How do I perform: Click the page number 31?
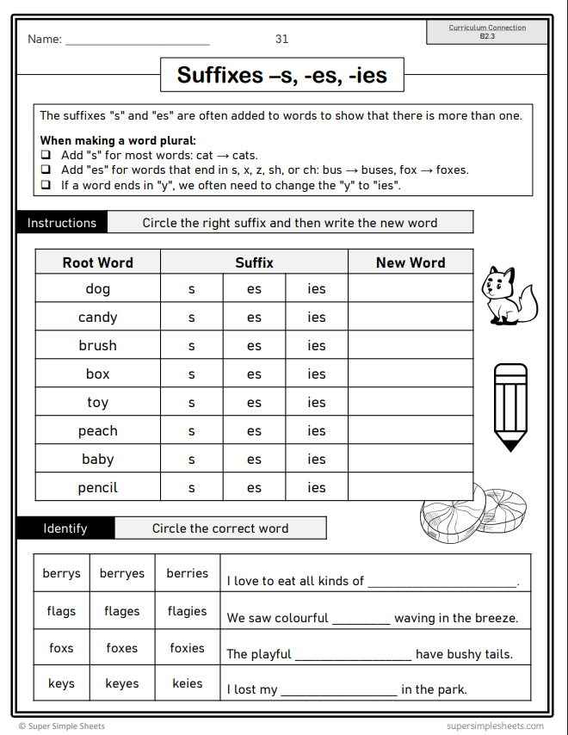coord(281,39)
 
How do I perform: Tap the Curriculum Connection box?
coord(487,32)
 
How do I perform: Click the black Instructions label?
coord(62,223)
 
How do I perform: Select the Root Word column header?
coord(98,262)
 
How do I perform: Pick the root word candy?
coord(98,318)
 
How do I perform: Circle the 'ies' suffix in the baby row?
coord(317,460)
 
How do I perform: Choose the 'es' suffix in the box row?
coord(254,374)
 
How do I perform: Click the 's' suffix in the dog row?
coord(191,289)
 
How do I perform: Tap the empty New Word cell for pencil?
coord(411,488)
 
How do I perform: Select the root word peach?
coord(98,431)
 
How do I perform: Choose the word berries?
coord(188,573)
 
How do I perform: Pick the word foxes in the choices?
coord(122,648)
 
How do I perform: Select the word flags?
coord(62,611)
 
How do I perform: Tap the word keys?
coord(62,684)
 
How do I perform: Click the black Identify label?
coord(65,528)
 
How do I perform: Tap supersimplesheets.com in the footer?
coord(495,726)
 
